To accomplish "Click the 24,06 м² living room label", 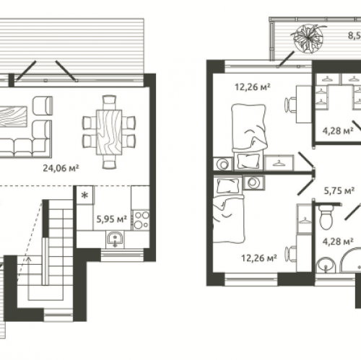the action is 61,168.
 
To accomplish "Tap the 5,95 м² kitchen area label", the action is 112,219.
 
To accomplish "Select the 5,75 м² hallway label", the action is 339,190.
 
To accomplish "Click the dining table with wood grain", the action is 109,132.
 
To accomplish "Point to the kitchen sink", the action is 116,239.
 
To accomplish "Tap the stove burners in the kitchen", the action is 142,220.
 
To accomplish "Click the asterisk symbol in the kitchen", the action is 84,196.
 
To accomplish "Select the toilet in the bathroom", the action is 326,216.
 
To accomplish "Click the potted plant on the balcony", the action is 307,38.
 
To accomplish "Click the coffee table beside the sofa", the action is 13,116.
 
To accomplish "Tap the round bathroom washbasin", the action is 326,265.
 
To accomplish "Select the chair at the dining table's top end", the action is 109,102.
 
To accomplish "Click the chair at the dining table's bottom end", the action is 110,162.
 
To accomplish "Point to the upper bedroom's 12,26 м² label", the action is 253,87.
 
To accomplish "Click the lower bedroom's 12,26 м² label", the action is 259,258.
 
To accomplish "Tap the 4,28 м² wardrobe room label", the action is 338,131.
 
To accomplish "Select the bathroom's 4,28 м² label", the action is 338,242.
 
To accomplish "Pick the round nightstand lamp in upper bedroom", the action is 223,164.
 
